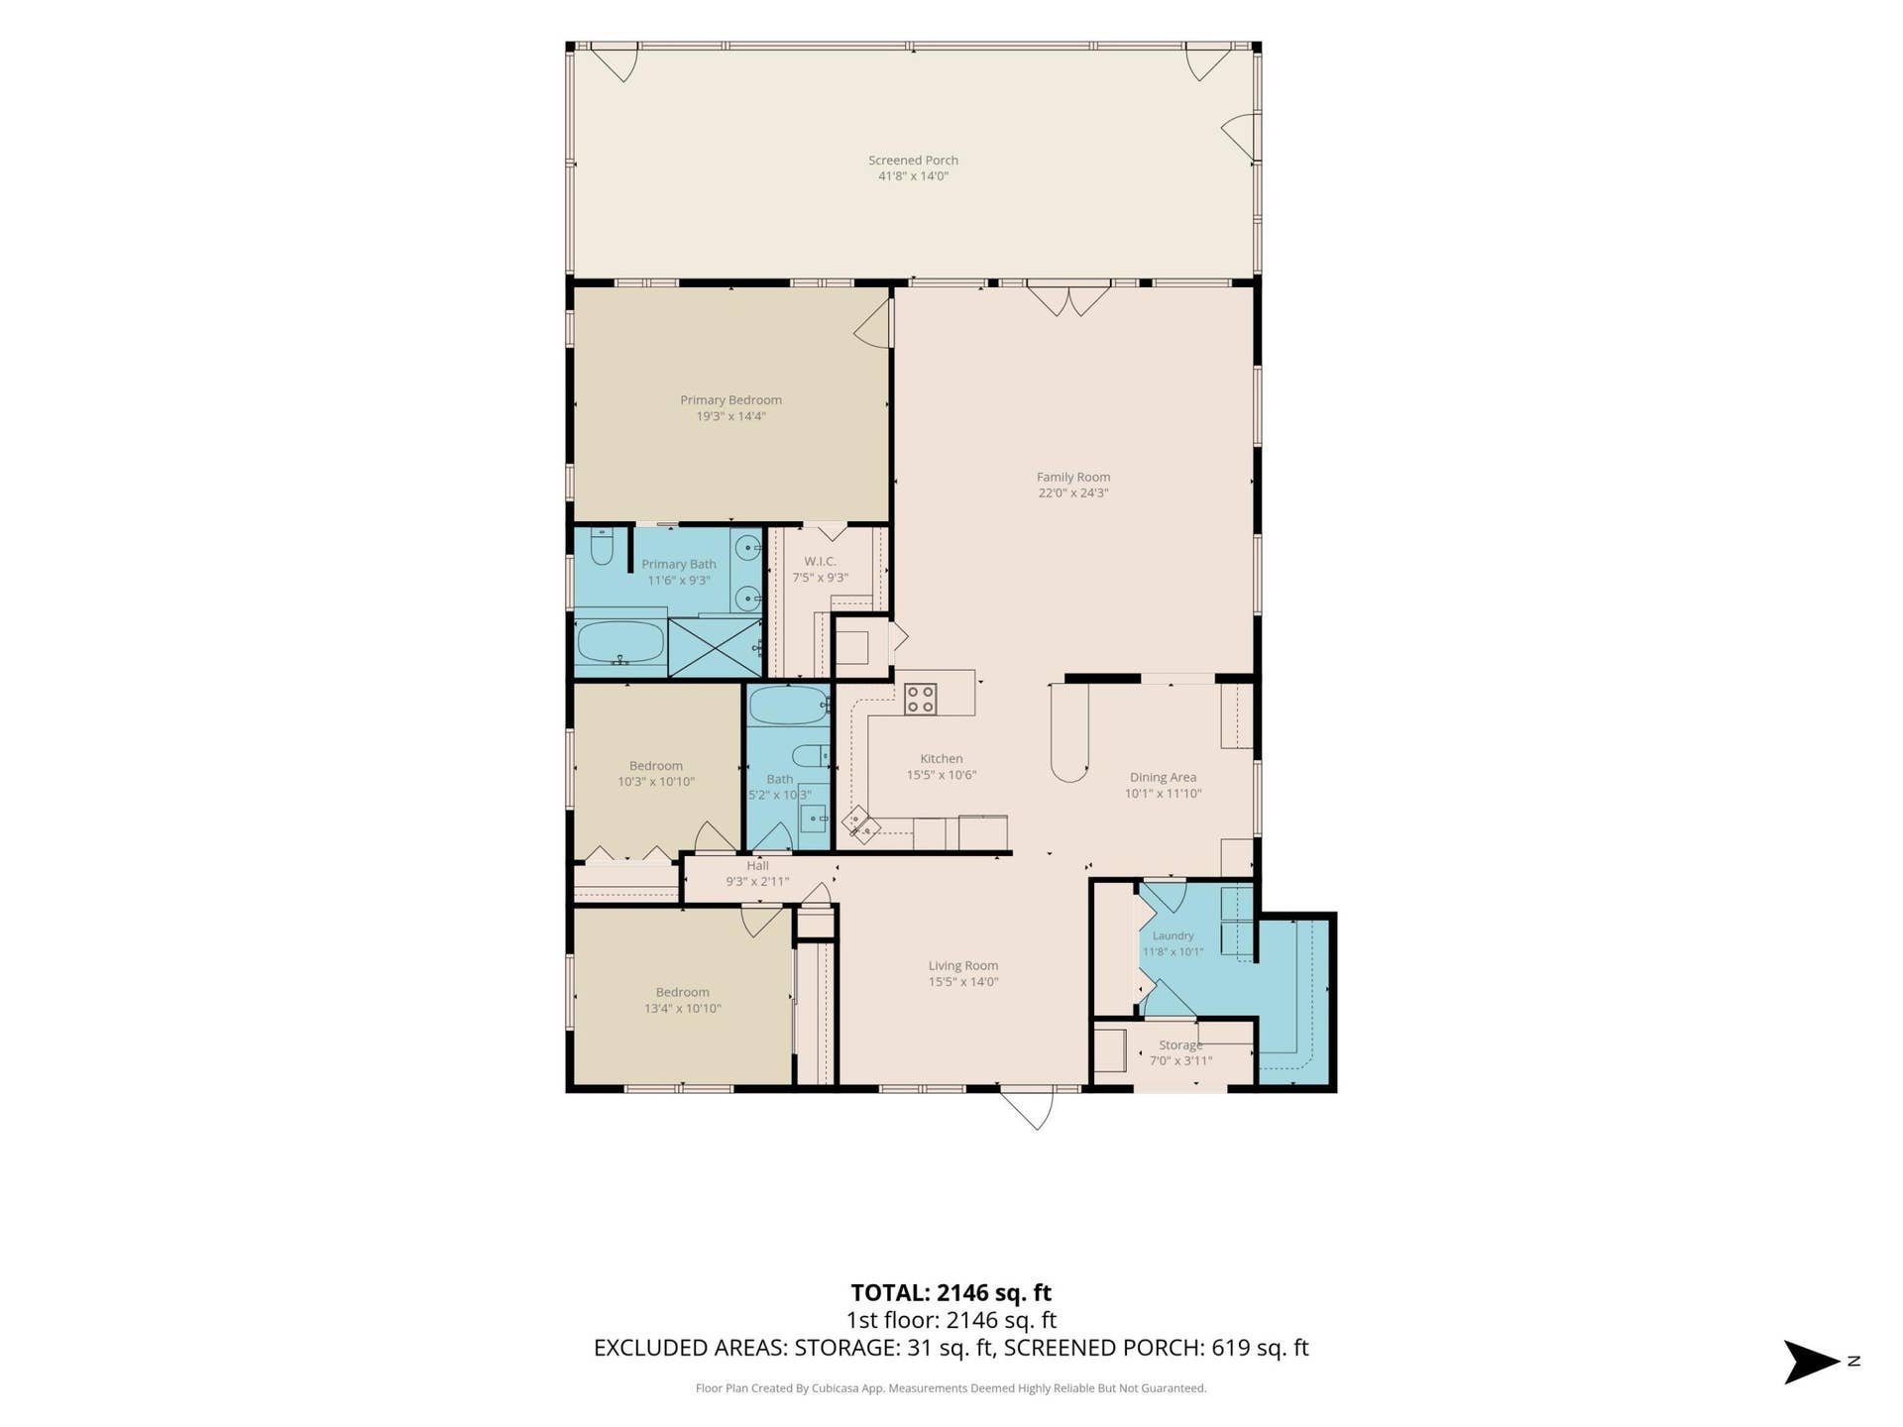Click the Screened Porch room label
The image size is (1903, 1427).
[913, 161]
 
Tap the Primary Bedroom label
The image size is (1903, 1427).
[730, 400]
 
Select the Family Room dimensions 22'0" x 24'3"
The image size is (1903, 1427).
[1073, 494]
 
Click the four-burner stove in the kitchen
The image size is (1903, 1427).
[920, 699]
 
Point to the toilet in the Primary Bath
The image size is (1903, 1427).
[602, 546]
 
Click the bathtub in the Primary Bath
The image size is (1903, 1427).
[620, 642]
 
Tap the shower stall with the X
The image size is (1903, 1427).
[715, 648]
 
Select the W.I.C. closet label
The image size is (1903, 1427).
[820, 562]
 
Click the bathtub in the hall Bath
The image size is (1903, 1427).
[788, 707]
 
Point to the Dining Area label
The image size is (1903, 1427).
[1163, 778]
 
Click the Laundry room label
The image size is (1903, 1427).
[1173, 936]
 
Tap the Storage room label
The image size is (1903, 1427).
[1180, 1045]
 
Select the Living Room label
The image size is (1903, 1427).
[962, 966]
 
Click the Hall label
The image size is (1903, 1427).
[757, 866]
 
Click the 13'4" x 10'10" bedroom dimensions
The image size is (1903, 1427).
[683, 1009]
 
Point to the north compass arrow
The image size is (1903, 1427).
[1812, 1362]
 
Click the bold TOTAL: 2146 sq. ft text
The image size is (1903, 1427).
[951, 1293]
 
